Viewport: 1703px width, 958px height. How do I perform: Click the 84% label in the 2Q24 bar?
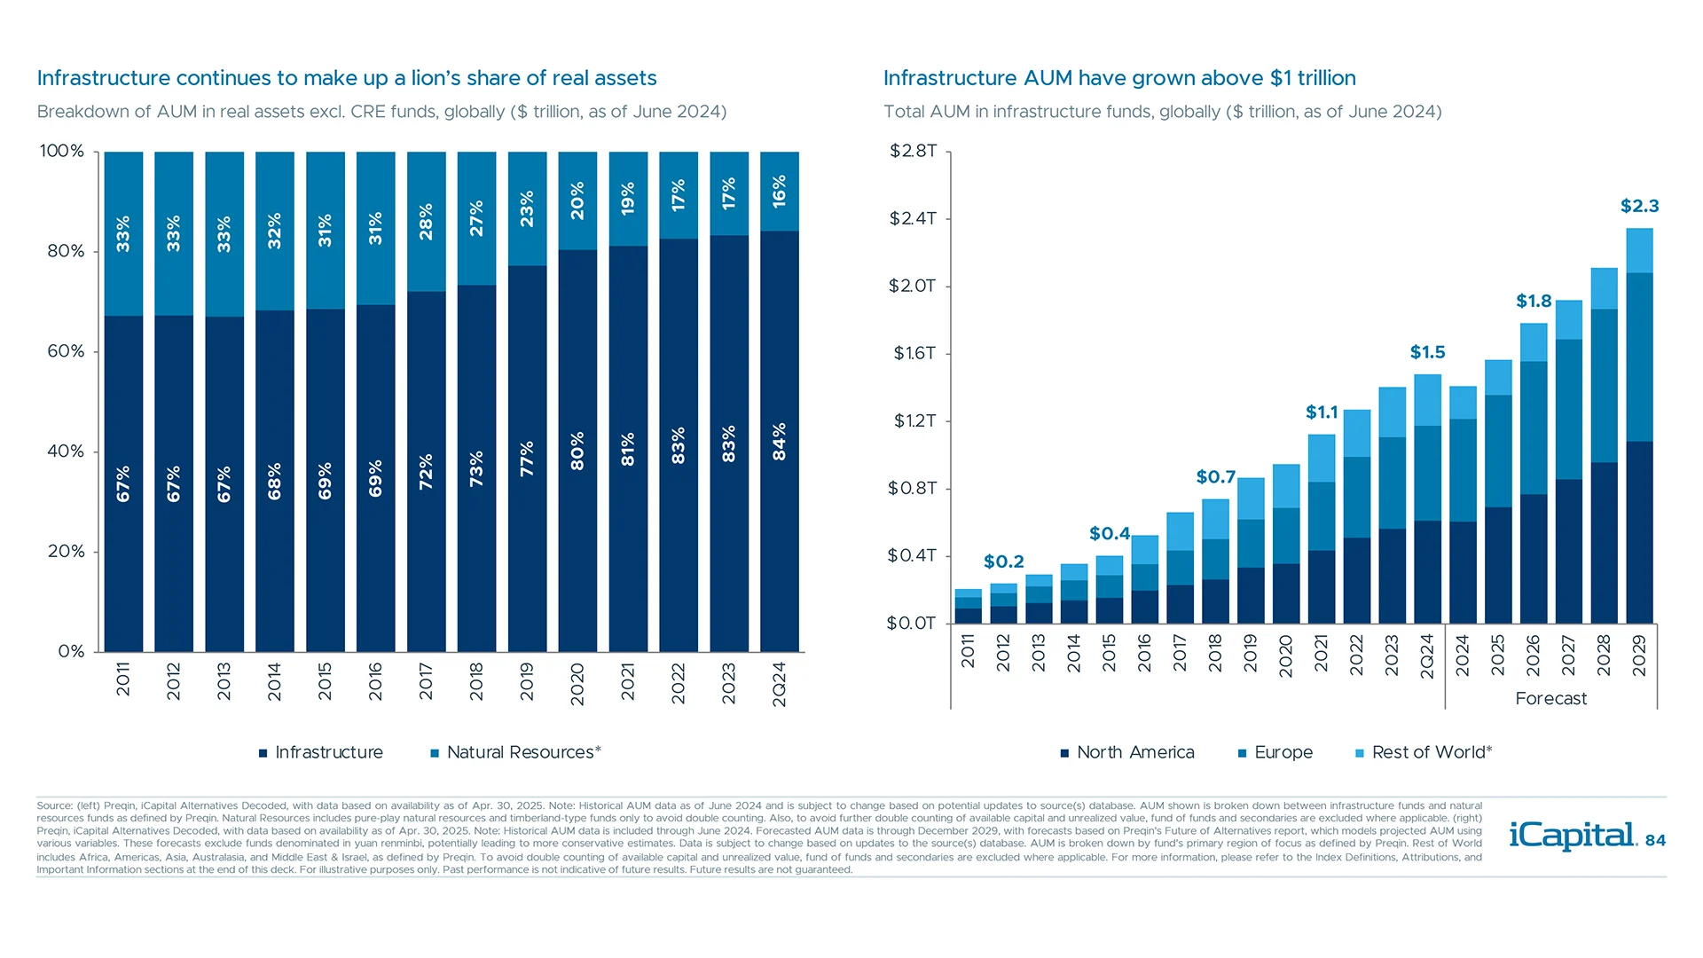[x=779, y=441]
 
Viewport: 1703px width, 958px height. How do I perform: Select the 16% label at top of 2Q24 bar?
[x=779, y=191]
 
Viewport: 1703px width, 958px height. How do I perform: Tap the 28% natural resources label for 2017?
[x=426, y=221]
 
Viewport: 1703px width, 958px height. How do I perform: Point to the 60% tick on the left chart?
[x=66, y=351]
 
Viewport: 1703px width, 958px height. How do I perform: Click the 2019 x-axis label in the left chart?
[x=527, y=681]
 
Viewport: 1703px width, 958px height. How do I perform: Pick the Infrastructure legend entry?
[x=320, y=752]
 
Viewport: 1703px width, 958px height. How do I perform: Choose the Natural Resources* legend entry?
[x=515, y=752]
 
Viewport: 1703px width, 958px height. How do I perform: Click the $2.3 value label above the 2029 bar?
[x=1639, y=206]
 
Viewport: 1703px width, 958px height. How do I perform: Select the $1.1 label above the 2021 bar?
[x=1322, y=412]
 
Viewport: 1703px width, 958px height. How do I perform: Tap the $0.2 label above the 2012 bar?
[x=1003, y=561]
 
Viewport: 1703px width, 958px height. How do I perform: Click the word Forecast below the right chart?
[x=1550, y=698]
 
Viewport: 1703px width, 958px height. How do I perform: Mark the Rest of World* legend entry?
[x=1424, y=752]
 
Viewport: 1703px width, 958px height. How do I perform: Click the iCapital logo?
[x=1572, y=836]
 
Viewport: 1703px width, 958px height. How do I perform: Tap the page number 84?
[x=1655, y=840]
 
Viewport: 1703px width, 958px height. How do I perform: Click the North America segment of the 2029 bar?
[x=1639, y=532]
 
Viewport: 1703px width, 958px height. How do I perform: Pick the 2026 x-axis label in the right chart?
[x=1533, y=656]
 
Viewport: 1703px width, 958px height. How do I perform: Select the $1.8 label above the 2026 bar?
[x=1534, y=301]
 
